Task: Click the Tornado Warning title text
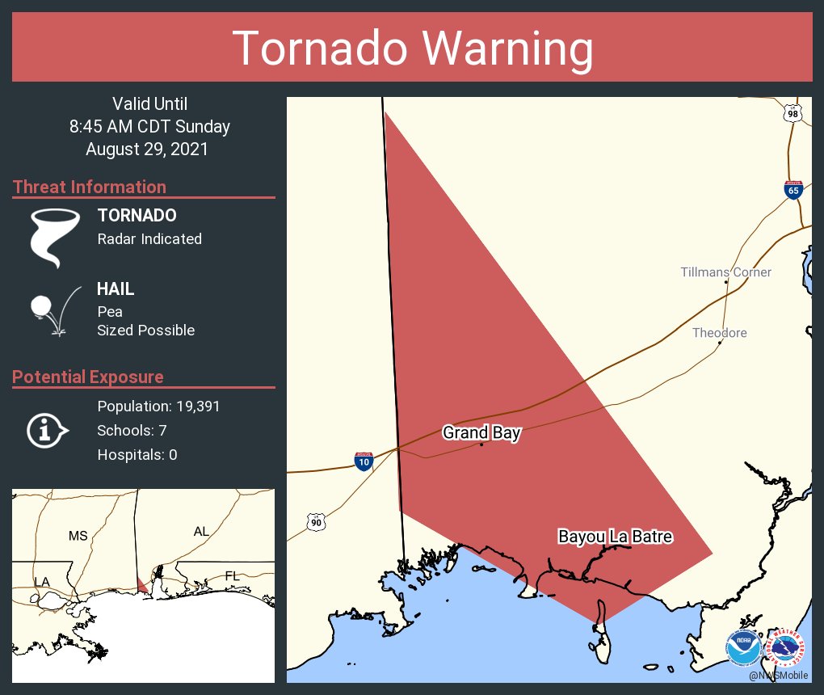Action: (x=412, y=48)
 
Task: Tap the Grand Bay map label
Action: (x=481, y=433)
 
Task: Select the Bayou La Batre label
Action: (x=616, y=537)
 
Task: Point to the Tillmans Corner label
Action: (x=725, y=272)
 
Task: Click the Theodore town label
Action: (x=719, y=333)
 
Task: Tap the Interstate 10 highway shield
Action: (x=364, y=461)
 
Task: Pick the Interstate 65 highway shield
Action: (x=793, y=189)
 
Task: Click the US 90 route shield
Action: (x=316, y=523)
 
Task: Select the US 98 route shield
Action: (x=793, y=114)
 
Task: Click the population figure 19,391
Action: (x=158, y=406)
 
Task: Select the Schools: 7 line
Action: (x=132, y=430)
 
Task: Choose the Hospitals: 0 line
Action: (x=137, y=455)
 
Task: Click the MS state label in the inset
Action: (x=78, y=536)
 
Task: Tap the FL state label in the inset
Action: (x=232, y=575)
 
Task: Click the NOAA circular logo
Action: (x=742, y=647)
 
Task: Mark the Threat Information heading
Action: (x=90, y=187)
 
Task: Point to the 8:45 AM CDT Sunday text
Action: (x=149, y=127)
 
